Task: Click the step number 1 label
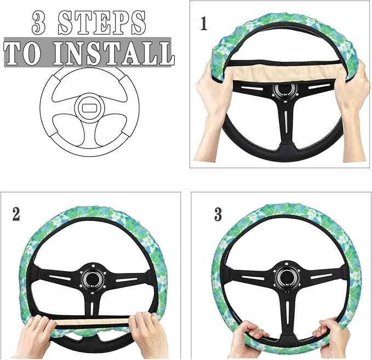click(204, 25)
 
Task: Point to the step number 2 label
click(16, 214)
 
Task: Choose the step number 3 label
click(218, 214)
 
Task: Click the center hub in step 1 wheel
click(283, 91)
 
